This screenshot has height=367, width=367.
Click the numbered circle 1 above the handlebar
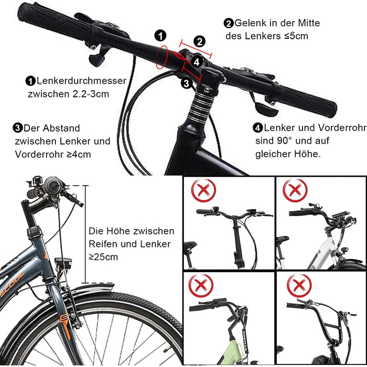160,36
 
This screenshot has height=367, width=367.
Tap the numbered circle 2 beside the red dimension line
199,41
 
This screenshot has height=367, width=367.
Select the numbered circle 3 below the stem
186,83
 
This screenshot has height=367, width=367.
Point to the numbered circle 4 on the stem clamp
197,62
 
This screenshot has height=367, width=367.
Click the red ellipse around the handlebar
161,57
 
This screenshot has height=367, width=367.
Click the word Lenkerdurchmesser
81,81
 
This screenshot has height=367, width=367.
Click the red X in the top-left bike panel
203,190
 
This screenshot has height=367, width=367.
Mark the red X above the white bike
295,190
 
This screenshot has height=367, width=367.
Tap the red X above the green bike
201,285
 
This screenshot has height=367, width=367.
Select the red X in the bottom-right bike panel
299,285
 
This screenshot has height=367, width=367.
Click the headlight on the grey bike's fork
63,264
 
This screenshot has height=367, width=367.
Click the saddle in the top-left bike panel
190,245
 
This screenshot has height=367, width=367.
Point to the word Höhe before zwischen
117,231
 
